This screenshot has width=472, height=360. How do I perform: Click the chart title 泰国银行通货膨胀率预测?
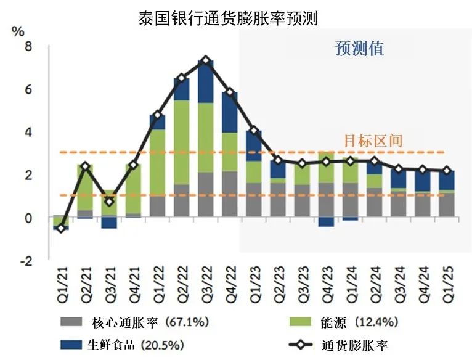click(229, 18)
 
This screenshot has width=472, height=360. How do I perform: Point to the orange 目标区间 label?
click(372, 141)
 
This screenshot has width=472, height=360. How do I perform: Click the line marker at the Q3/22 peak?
click(206, 61)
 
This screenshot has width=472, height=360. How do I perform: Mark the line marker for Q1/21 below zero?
click(60, 229)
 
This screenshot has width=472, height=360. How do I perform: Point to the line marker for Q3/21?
click(109, 202)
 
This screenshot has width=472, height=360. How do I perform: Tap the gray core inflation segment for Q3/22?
click(206, 194)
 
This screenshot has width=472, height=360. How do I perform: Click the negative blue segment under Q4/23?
click(327, 222)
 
